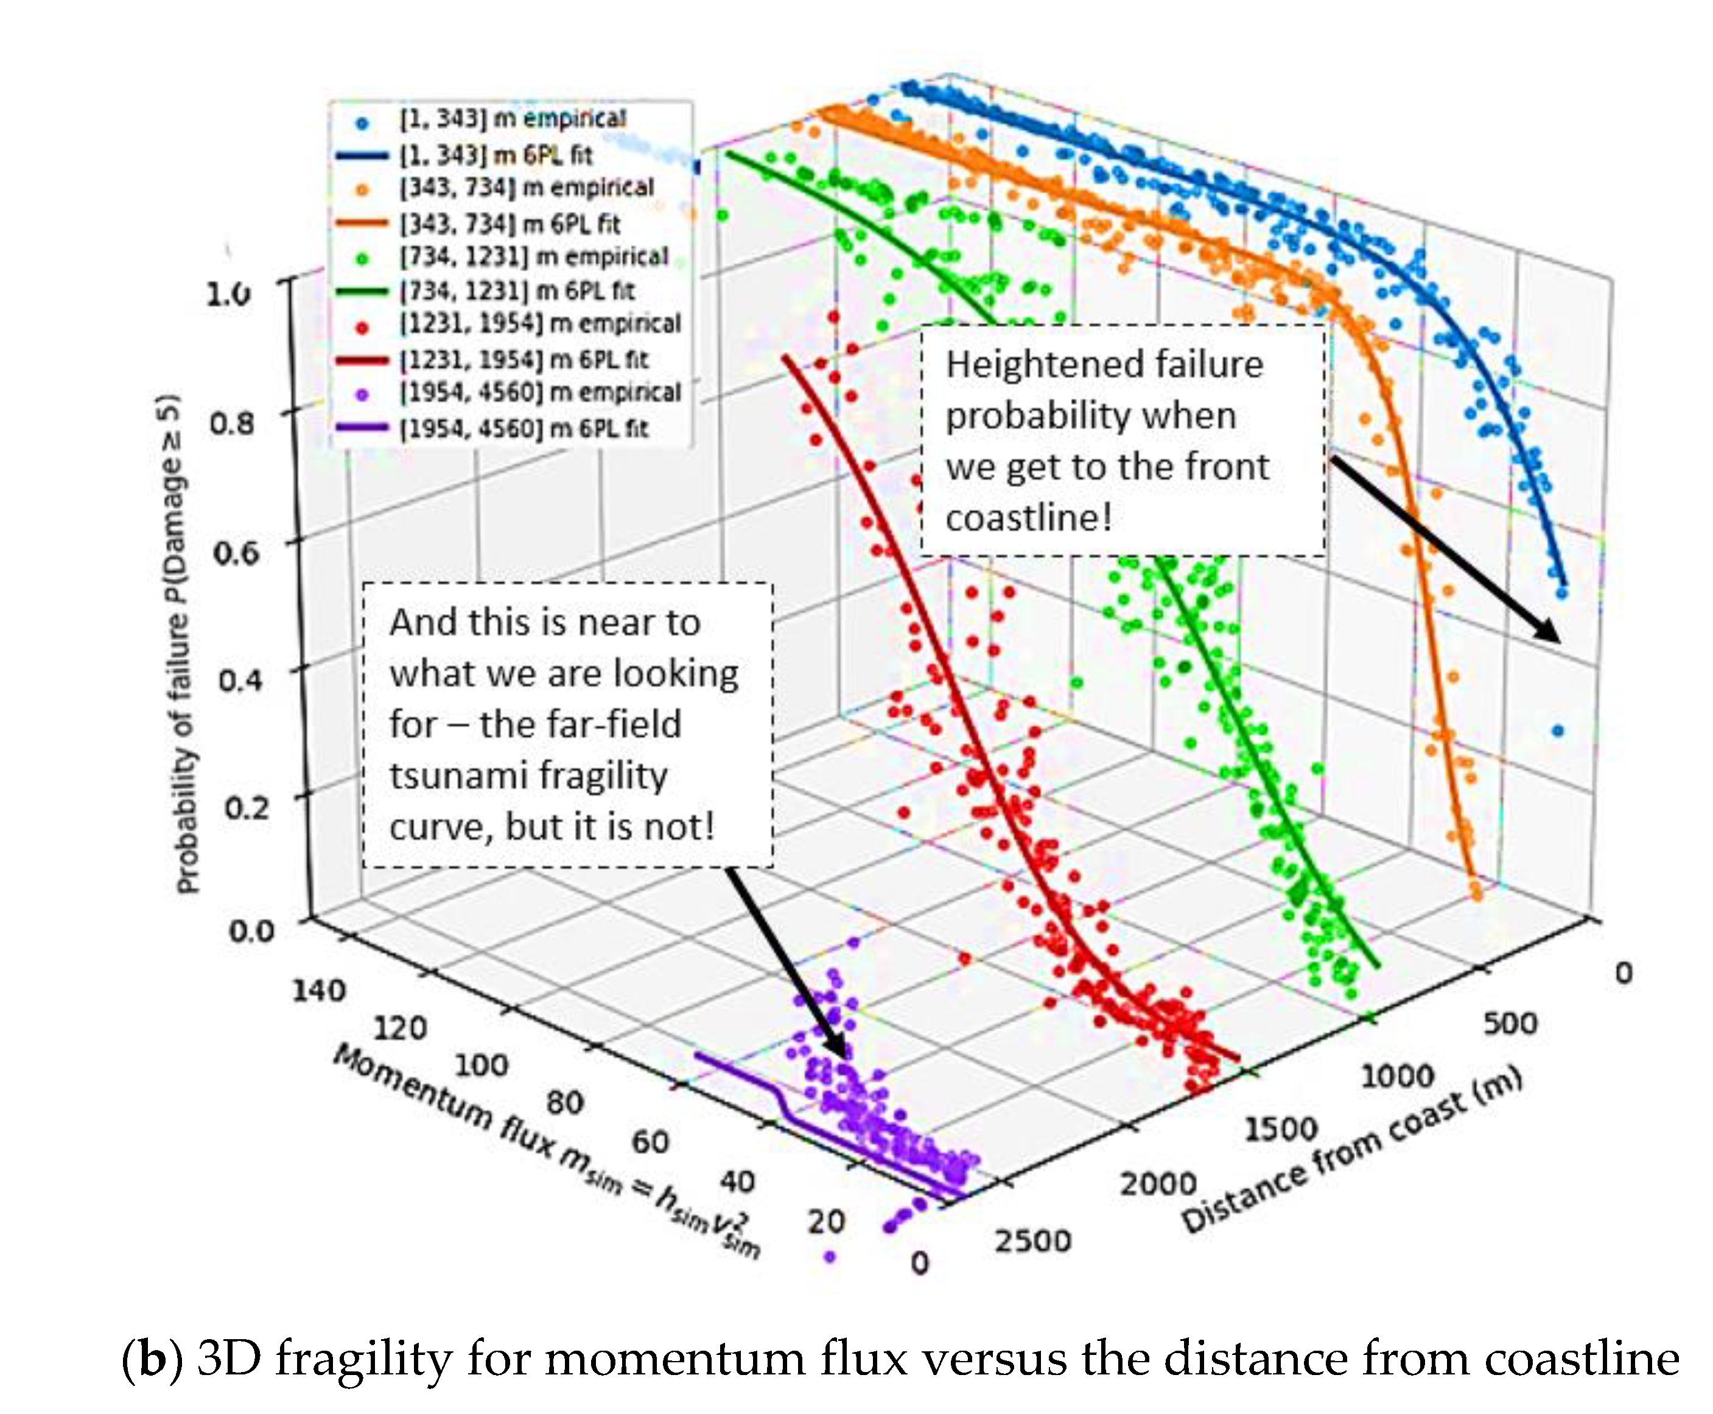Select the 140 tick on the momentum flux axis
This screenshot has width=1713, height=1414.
318,990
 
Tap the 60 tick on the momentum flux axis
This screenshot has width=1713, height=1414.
650,1141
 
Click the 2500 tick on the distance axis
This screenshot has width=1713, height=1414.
1032,1241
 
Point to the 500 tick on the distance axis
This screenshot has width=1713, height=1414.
1509,1023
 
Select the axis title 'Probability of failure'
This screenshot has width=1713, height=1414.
186,643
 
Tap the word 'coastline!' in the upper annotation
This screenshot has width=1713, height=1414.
1028,518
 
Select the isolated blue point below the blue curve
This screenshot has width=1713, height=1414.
1557,730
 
